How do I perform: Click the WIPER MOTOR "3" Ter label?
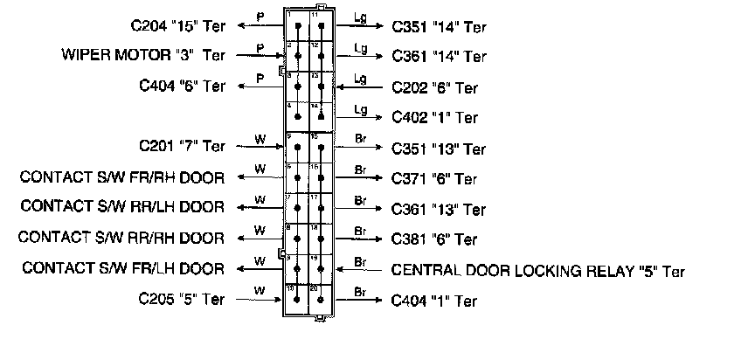pyautogui.click(x=142, y=55)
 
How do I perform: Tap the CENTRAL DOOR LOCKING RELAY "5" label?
pyautogui.click(x=538, y=271)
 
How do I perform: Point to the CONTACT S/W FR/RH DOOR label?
pyautogui.click(x=121, y=177)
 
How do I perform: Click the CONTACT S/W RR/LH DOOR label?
pyautogui.click(x=121, y=207)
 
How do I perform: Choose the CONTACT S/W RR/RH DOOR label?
pyautogui.click(x=121, y=237)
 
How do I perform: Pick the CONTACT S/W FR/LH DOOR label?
pyautogui.click(x=121, y=267)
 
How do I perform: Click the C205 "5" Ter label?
pyautogui.click(x=182, y=299)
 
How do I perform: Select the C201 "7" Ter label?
pyautogui.click(x=182, y=146)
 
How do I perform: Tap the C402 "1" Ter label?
pyautogui.click(x=435, y=117)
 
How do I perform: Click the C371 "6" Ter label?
pyautogui.click(x=435, y=179)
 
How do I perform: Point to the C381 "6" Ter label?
pyautogui.click(x=435, y=239)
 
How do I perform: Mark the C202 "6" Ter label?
pyautogui.click(x=435, y=87)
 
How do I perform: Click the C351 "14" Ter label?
pyautogui.click(x=440, y=27)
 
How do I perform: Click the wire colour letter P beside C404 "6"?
pyautogui.click(x=260, y=78)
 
